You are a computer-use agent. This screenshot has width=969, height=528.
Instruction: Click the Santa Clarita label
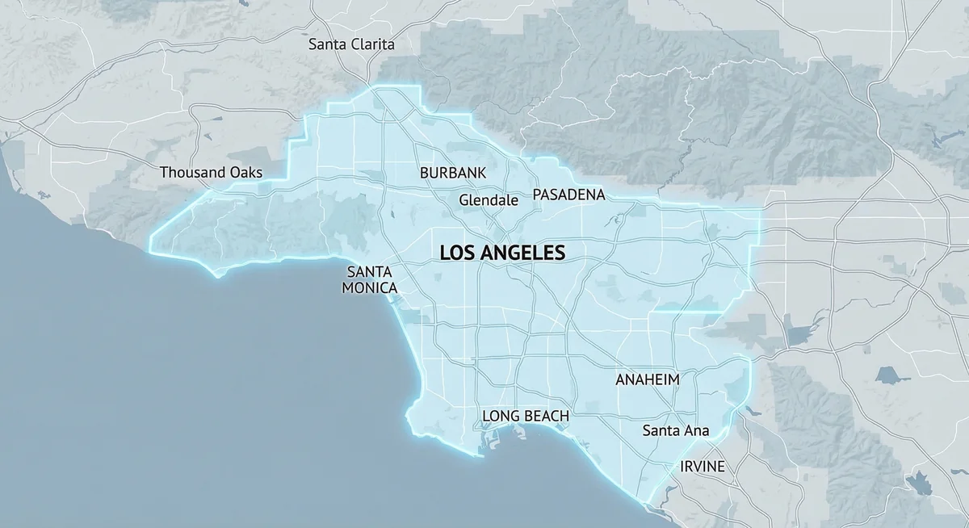(351, 44)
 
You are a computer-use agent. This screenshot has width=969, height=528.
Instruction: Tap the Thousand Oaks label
(211, 173)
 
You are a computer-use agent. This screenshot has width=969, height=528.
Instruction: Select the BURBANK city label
(452, 173)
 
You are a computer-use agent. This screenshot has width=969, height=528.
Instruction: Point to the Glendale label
(488, 199)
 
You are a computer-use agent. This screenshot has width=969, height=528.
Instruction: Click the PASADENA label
(568, 195)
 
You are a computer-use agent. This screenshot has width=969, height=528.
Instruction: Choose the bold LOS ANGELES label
(502, 253)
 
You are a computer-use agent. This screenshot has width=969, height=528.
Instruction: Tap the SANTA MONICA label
(370, 279)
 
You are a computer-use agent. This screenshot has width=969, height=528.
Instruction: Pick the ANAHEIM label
(647, 379)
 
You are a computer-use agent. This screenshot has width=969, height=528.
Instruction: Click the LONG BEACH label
(525, 416)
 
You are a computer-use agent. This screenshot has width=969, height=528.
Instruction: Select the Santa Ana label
(676, 430)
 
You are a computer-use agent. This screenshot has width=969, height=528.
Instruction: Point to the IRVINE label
(703, 467)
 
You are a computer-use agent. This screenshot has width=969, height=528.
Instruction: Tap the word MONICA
(370, 288)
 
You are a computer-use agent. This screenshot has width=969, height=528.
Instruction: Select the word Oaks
(245, 173)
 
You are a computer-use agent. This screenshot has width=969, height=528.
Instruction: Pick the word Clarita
(372, 44)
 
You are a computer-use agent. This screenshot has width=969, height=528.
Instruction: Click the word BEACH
(546, 416)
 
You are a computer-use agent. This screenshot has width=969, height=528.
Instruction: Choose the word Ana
(697, 430)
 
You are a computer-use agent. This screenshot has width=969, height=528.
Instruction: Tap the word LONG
(501, 416)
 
